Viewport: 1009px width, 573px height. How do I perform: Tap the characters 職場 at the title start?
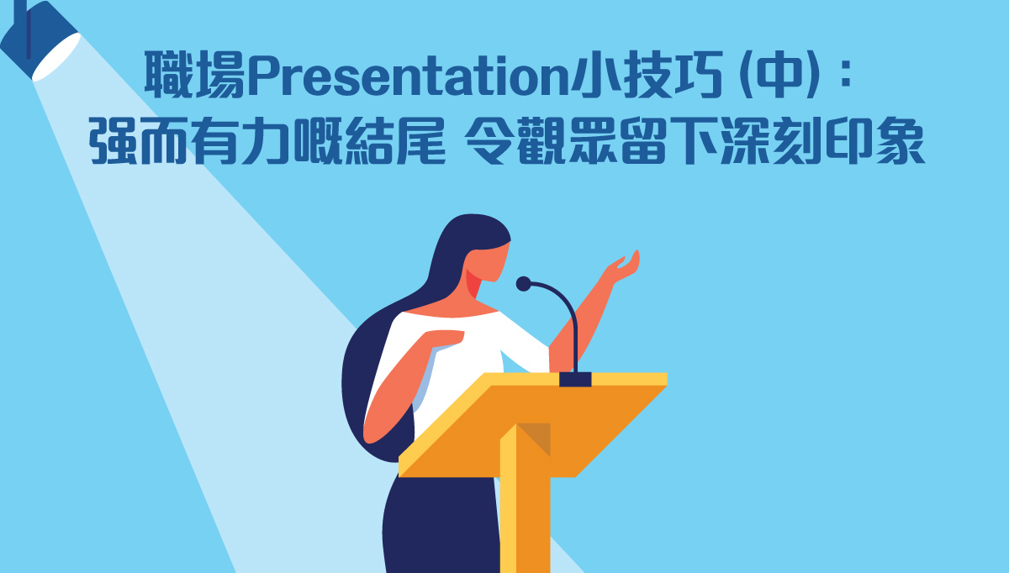195,75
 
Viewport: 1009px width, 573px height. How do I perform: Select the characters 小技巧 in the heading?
647,75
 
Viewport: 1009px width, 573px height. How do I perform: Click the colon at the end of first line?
846,75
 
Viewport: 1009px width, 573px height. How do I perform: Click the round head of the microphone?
523,284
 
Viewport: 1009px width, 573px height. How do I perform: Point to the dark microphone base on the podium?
575,379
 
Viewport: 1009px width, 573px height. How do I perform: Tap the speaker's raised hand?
624,267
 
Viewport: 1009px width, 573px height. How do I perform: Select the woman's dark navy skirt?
441,524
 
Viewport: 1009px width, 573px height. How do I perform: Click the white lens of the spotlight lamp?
57,57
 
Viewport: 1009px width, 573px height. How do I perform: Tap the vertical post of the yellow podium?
525,500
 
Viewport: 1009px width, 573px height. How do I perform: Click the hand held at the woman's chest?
445,338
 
